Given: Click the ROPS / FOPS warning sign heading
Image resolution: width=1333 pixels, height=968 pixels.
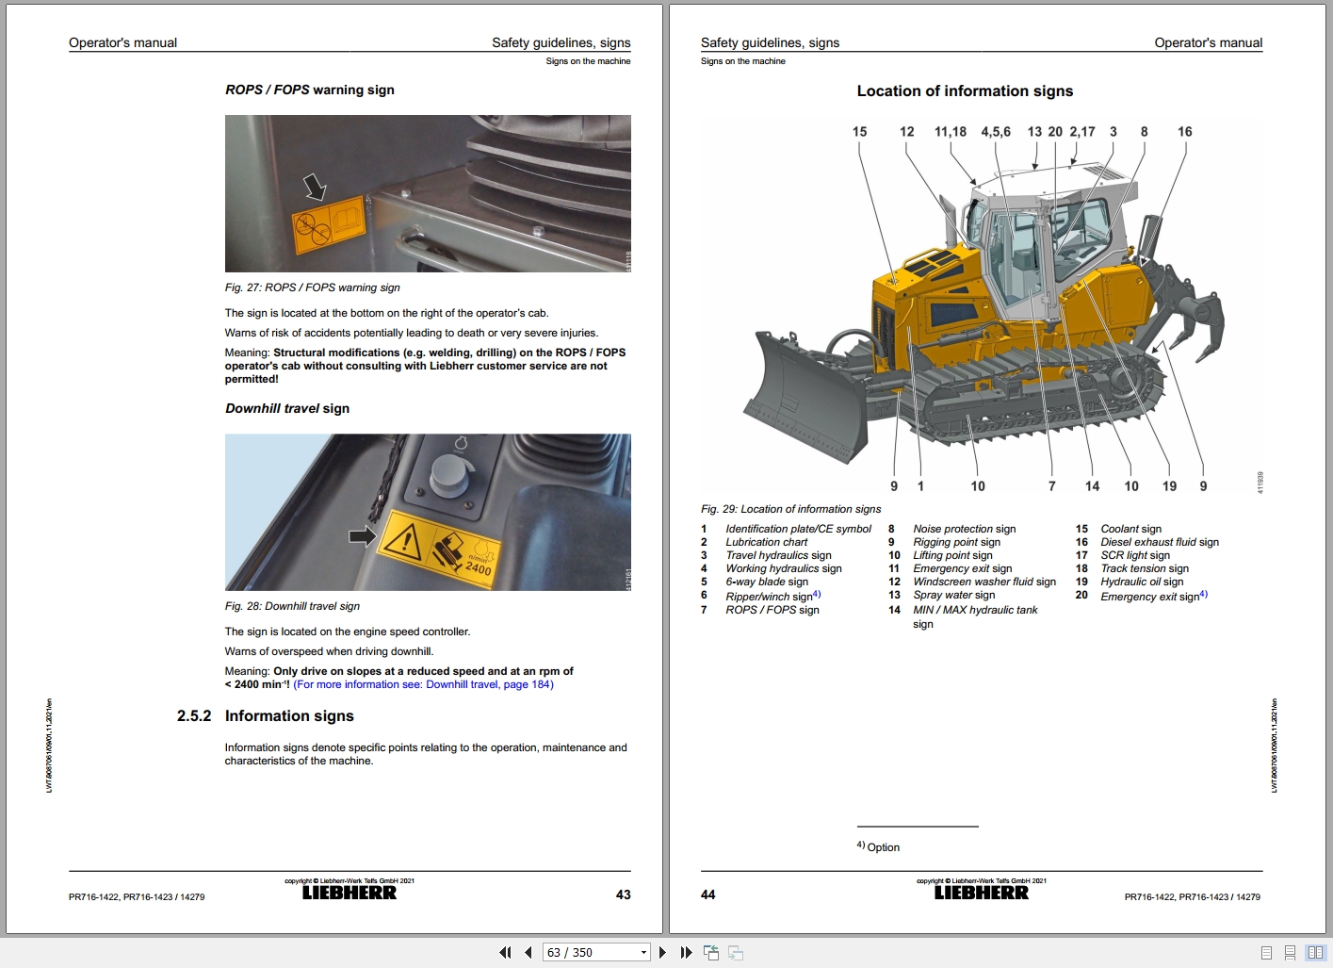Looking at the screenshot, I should pos(309,90).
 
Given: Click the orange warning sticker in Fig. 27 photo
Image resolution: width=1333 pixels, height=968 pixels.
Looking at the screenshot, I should pos(329,224).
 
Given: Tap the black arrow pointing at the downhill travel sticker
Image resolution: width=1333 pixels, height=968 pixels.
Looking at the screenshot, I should pos(362,536).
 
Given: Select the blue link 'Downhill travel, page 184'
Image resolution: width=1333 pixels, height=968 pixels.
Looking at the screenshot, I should pos(489,685).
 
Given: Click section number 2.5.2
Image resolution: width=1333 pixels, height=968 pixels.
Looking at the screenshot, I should pos(194,716).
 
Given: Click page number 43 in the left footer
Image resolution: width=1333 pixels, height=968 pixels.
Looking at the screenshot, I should pos(623,894).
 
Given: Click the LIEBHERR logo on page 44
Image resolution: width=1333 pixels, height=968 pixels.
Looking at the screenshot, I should pos(981,893).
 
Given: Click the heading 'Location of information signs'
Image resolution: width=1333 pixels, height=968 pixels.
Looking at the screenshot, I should pos(965,91).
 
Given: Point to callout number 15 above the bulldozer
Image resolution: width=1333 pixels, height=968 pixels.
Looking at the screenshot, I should pos(859,132).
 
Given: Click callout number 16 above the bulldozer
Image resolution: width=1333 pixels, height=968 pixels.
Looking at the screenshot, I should pos(1184,132).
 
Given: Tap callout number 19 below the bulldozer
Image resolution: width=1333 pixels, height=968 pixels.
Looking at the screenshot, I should pos(1169,486).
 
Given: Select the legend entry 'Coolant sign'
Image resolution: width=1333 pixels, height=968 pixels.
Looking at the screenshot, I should pos(1130,529).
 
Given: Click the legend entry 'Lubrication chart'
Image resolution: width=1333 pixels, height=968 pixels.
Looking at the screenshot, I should pos(766,542).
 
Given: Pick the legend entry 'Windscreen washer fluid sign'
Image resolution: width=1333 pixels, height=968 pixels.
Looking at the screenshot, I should pos(983,582).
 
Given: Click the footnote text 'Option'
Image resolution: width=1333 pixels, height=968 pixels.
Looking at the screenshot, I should pos(883,847).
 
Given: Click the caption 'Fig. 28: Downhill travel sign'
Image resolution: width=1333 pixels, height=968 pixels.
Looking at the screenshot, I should pos(292,606).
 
